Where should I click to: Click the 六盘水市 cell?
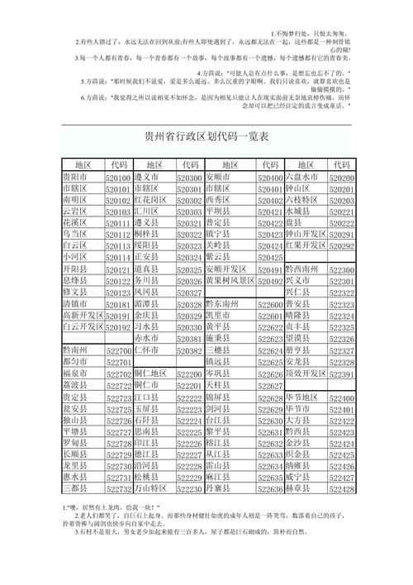pyautogui.click(x=301, y=178)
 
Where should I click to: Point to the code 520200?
pyautogui.click(x=341, y=178)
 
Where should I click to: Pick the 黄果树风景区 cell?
pyautogui.click(x=230, y=281)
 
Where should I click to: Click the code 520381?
pyautogui.click(x=189, y=339)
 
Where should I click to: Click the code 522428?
pyautogui.click(x=341, y=489)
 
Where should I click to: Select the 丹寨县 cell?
pyautogui.click(x=218, y=489)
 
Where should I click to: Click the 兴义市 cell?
pyautogui.click(x=297, y=281)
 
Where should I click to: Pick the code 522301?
pyautogui.click(x=341, y=281)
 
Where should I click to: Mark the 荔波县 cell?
pyautogui.click(x=75, y=385)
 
